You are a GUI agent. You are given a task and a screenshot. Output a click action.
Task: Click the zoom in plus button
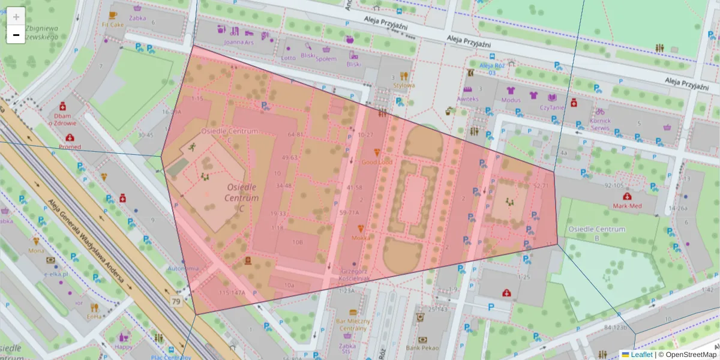(x=16, y=16)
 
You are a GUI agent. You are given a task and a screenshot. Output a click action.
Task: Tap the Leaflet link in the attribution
(x=641, y=355)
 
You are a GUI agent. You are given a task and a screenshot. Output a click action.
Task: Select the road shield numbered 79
(x=175, y=301)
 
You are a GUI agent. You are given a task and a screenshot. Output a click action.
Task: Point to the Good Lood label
(x=376, y=162)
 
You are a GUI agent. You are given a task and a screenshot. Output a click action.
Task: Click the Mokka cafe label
(x=361, y=237)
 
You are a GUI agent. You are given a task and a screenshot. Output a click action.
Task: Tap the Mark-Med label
(x=628, y=206)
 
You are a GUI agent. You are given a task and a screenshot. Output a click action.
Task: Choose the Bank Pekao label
(x=422, y=348)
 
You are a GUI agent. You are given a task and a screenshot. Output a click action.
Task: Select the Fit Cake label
(x=113, y=25)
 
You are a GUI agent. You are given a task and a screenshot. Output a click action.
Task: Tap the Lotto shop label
(x=288, y=58)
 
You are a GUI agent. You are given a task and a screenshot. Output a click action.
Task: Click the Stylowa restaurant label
(x=404, y=85)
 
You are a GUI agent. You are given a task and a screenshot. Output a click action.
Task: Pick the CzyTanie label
(x=552, y=107)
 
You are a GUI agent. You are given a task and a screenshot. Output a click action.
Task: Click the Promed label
(x=70, y=147)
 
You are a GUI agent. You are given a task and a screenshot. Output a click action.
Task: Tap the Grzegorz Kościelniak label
(x=353, y=275)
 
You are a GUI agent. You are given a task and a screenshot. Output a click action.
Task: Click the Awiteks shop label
(x=467, y=98)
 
